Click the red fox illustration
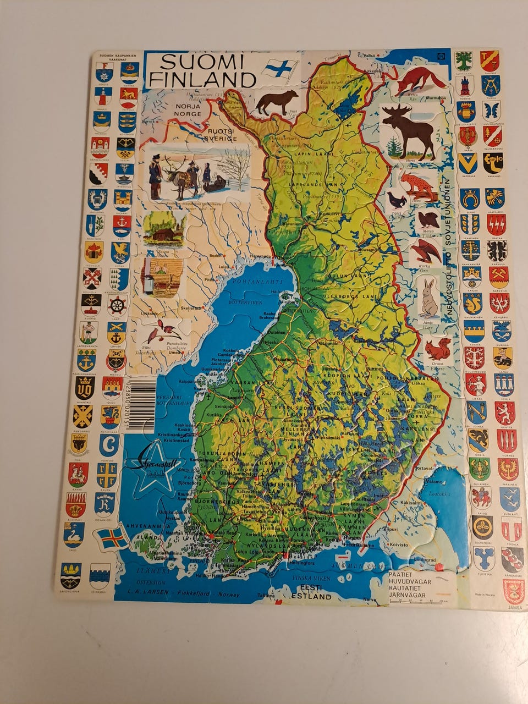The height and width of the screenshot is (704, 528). point(420,80)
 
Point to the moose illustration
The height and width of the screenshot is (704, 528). point(409,130)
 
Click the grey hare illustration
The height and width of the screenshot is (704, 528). point(429,298)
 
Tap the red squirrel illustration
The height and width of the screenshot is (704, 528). point(438,349)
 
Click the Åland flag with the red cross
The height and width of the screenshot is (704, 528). point(113,537)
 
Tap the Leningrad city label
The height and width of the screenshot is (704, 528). point(421,560)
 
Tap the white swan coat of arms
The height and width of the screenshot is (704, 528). point(74,532)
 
